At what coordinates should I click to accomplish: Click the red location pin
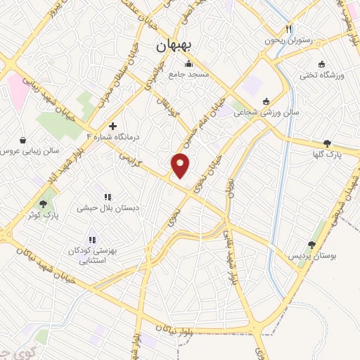click(181, 166)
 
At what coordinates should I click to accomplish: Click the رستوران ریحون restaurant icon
click(288, 30)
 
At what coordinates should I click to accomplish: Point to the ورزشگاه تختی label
click(320, 75)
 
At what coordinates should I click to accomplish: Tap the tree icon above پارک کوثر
click(44, 205)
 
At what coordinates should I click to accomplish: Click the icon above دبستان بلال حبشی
click(108, 197)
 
